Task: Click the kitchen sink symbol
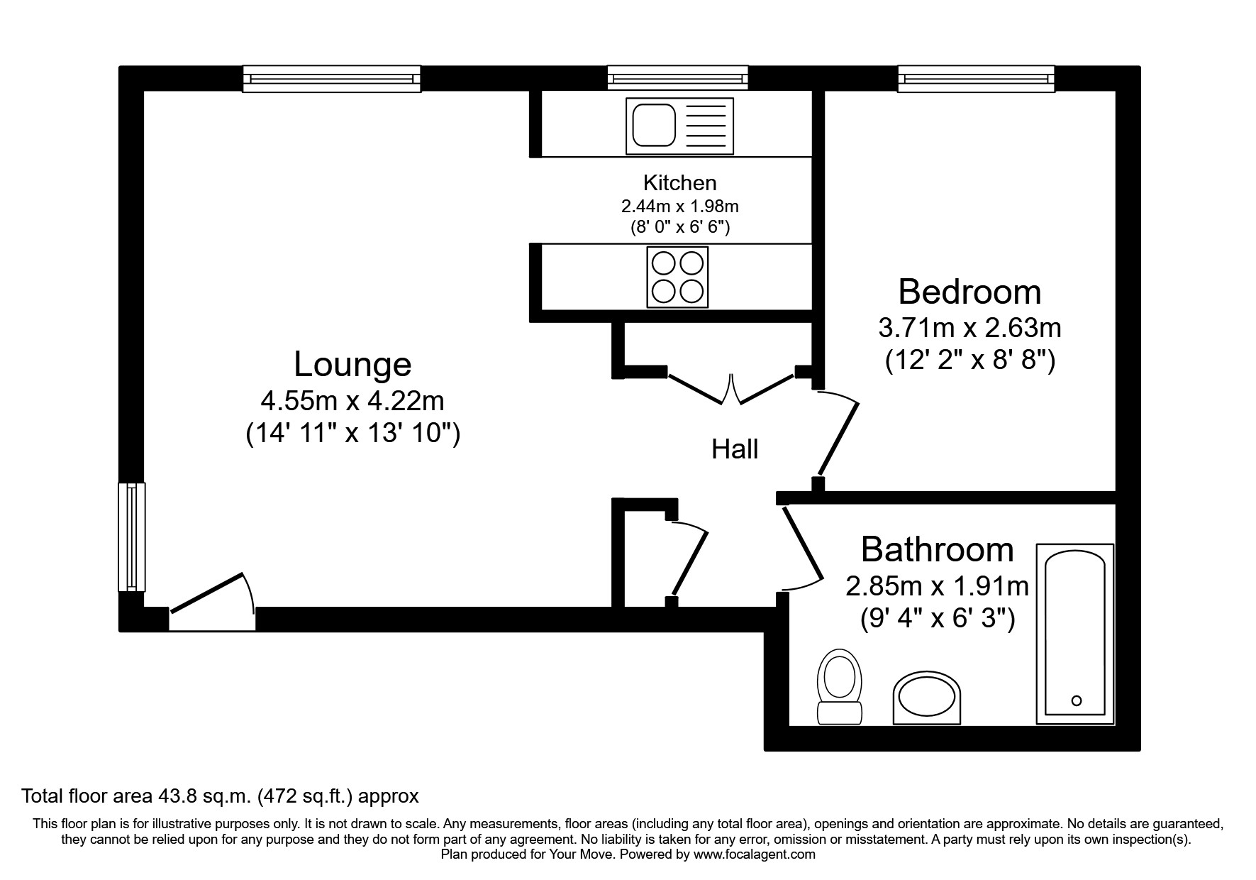(679, 126)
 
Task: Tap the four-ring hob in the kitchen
(677, 277)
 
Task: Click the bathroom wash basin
(926, 698)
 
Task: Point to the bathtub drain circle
(1076, 700)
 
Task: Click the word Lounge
(352, 365)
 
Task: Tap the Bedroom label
(969, 292)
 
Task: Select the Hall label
(735, 449)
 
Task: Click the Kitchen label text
(679, 183)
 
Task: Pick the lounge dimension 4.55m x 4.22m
(352, 401)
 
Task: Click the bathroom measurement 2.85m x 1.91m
(937, 586)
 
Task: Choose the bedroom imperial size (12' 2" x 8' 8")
(969, 361)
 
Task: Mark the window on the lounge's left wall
(131, 537)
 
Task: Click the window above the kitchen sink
(677, 78)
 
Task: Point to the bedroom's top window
(976, 78)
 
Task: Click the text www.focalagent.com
(755, 854)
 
